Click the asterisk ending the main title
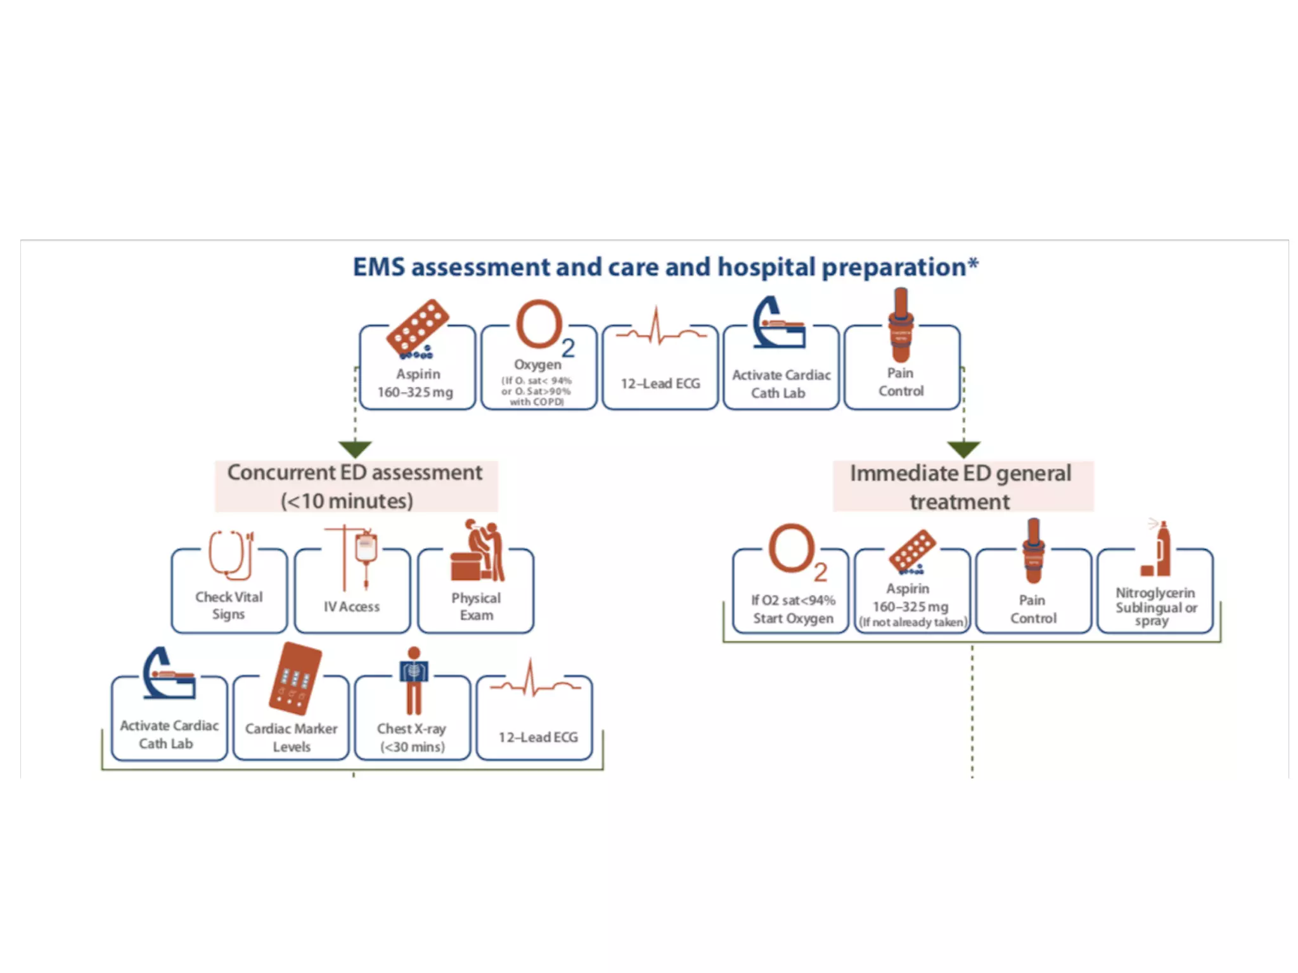pyautogui.click(x=973, y=262)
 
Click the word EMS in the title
pyautogui.click(x=378, y=267)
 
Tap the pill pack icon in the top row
pyautogui.click(x=418, y=328)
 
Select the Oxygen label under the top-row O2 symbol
pyautogui.click(x=537, y=365)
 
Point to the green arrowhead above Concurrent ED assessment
pyautogui.click(x=355, y=449)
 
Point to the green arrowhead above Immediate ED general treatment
pyautogui.click(x=963, y=449)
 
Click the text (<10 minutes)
pyautogui.click(x=347, y=501)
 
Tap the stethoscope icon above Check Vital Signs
pyautogui.click(x=231, y=555)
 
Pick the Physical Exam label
pyautogui.click(x=476, y=606)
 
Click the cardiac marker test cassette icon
pyautogui.click(x=295, y=678)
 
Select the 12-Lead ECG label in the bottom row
pyautogui.click(x=538, y=737)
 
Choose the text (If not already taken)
pyautogui.click(x=913, y=622)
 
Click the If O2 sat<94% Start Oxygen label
pyautogui.click(x=793, y=609)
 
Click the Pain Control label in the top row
pyautogui.click(x=901, y=382)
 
